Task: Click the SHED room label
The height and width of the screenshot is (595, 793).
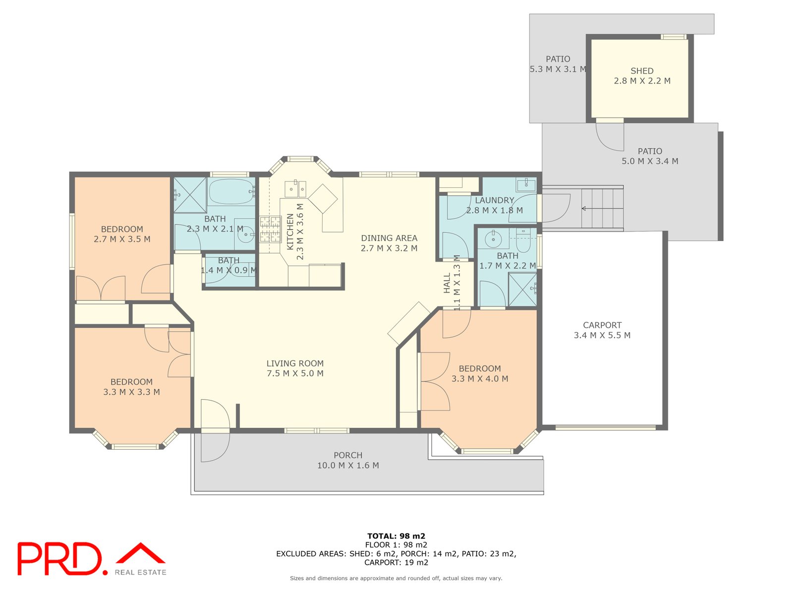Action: [x=642, y=71]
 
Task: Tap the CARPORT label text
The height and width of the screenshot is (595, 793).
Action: [x=602, y=325]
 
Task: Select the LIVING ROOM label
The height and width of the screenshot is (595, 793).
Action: [x=295, y=363]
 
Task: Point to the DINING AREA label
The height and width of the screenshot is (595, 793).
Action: [x=389, y=238]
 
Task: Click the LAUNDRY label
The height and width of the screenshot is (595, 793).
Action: [x=494, y=200]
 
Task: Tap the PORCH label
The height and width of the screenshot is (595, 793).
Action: [x=347, y=455]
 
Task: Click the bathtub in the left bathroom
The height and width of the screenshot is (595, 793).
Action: [x=231, y=191]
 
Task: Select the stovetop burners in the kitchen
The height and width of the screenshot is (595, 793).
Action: [x=270, y=229]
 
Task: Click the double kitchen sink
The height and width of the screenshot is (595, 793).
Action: [x=295, y=189]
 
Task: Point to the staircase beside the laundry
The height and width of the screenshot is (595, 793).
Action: [x=602, y=208]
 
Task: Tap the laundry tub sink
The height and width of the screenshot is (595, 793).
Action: [x=526, y=184]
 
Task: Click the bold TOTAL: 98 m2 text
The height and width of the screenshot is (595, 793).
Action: [x=396, y=536]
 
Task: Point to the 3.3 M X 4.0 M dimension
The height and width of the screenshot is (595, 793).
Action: [x=480, y=379]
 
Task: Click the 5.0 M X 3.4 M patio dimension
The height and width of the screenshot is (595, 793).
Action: [x=650, y=161]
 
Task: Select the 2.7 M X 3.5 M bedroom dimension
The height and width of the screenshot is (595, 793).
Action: [x=122, y=239]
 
